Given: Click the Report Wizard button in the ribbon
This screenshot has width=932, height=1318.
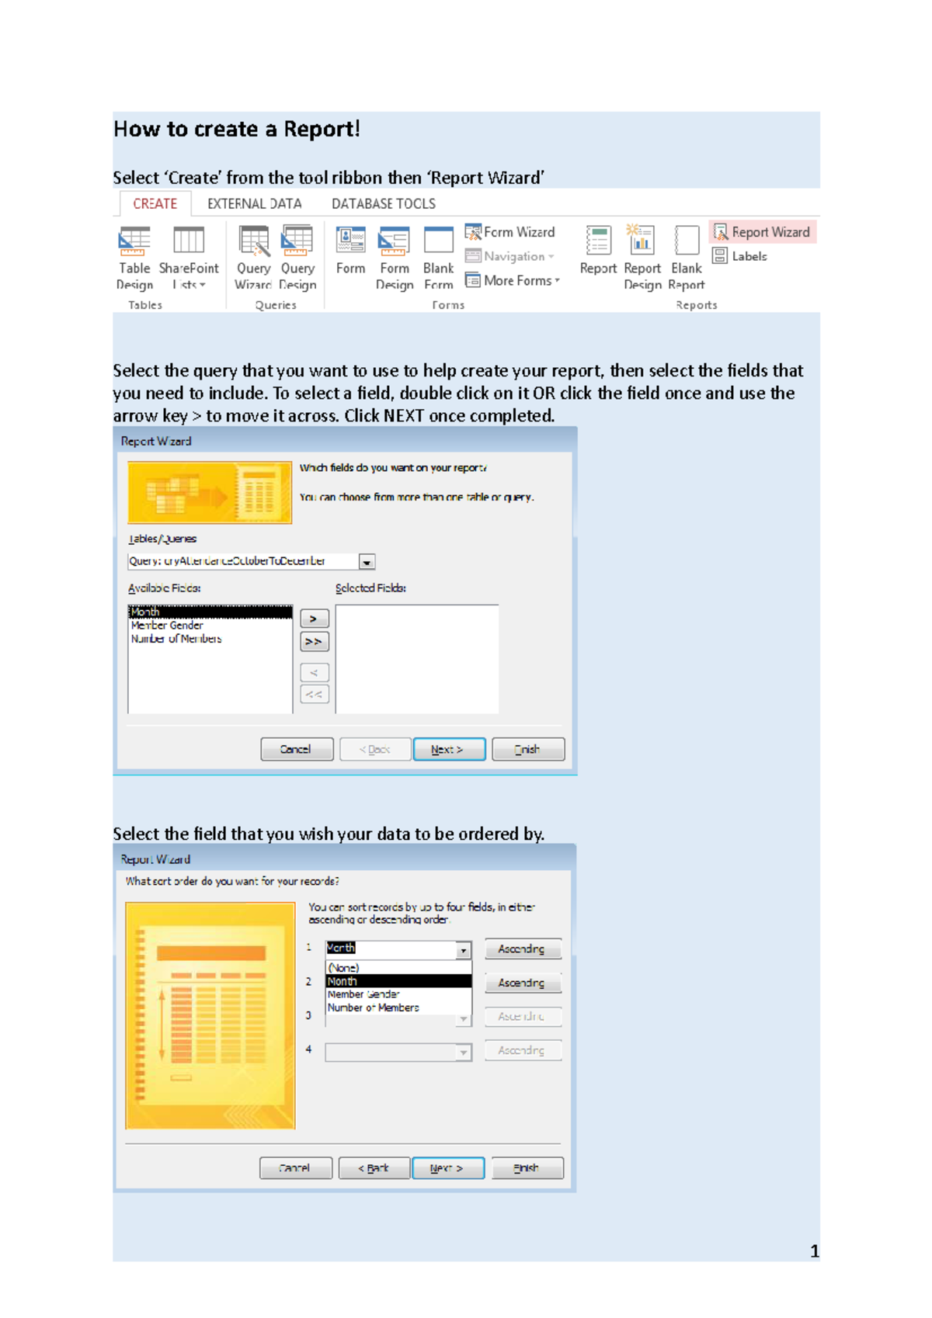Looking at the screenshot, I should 762,232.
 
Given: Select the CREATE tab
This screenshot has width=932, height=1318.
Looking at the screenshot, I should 155,204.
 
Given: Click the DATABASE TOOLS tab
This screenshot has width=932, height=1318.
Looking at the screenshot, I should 383,204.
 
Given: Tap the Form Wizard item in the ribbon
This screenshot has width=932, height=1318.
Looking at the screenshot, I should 510,232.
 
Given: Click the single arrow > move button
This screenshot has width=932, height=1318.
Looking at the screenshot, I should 314,619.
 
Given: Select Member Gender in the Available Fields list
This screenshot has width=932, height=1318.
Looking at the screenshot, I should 167,626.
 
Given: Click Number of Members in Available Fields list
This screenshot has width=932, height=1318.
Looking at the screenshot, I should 176,639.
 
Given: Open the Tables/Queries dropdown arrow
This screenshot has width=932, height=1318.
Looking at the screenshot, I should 367,562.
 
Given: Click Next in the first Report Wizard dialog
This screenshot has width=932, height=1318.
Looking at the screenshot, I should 449,749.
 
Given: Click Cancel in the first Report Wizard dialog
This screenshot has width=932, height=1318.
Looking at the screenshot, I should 296,749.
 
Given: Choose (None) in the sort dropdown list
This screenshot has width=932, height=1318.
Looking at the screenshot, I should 343,968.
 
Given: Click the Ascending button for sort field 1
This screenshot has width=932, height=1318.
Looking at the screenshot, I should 522,949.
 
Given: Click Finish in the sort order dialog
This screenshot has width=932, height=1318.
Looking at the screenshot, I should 527,1167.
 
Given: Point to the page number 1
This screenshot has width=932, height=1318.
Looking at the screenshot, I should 814,1251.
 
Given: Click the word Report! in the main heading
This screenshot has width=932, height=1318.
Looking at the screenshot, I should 322,129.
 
